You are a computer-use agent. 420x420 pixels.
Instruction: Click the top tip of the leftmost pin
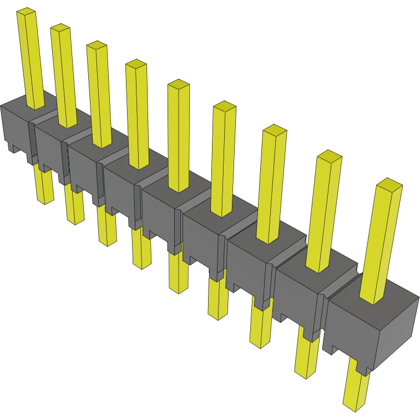[x=26, y=12]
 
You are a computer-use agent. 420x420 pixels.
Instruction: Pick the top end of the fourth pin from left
[x=136, y=64]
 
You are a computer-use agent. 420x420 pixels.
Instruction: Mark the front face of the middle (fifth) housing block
[x=158, y=214]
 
